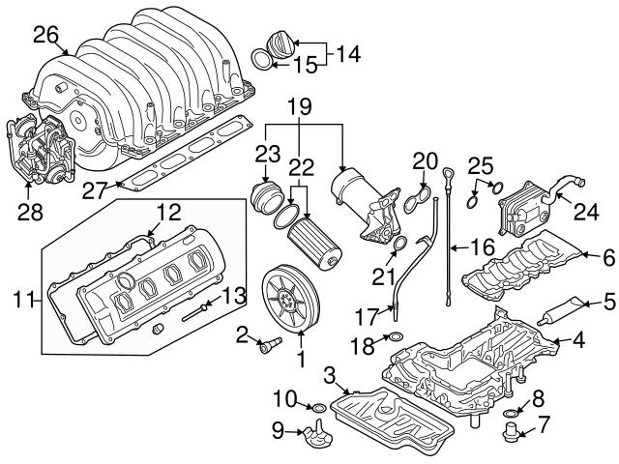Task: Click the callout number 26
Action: pos(45,35)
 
